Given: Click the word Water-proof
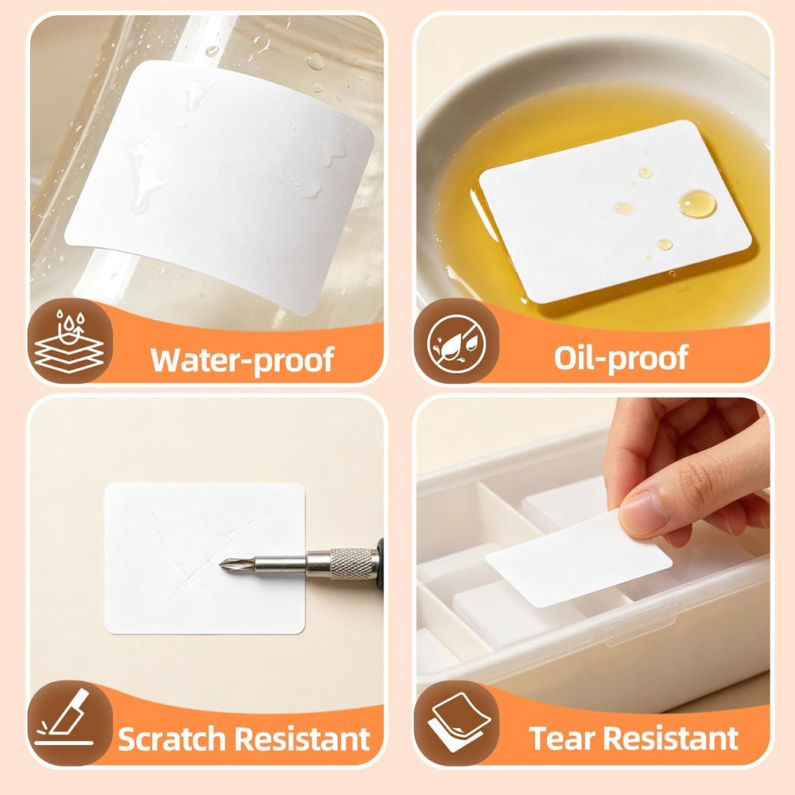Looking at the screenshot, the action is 242,360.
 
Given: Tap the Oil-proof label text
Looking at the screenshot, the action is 621,359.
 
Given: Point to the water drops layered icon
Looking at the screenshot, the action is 69,341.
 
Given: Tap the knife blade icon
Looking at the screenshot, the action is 65,717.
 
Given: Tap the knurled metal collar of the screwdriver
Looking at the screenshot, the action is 354,564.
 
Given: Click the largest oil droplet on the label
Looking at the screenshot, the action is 698,204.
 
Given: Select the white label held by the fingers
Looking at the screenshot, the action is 578,560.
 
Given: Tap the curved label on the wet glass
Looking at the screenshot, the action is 219,185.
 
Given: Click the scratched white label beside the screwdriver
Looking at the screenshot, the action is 205,558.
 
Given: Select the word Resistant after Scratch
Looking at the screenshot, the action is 302,739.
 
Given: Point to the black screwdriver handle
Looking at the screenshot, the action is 380,564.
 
